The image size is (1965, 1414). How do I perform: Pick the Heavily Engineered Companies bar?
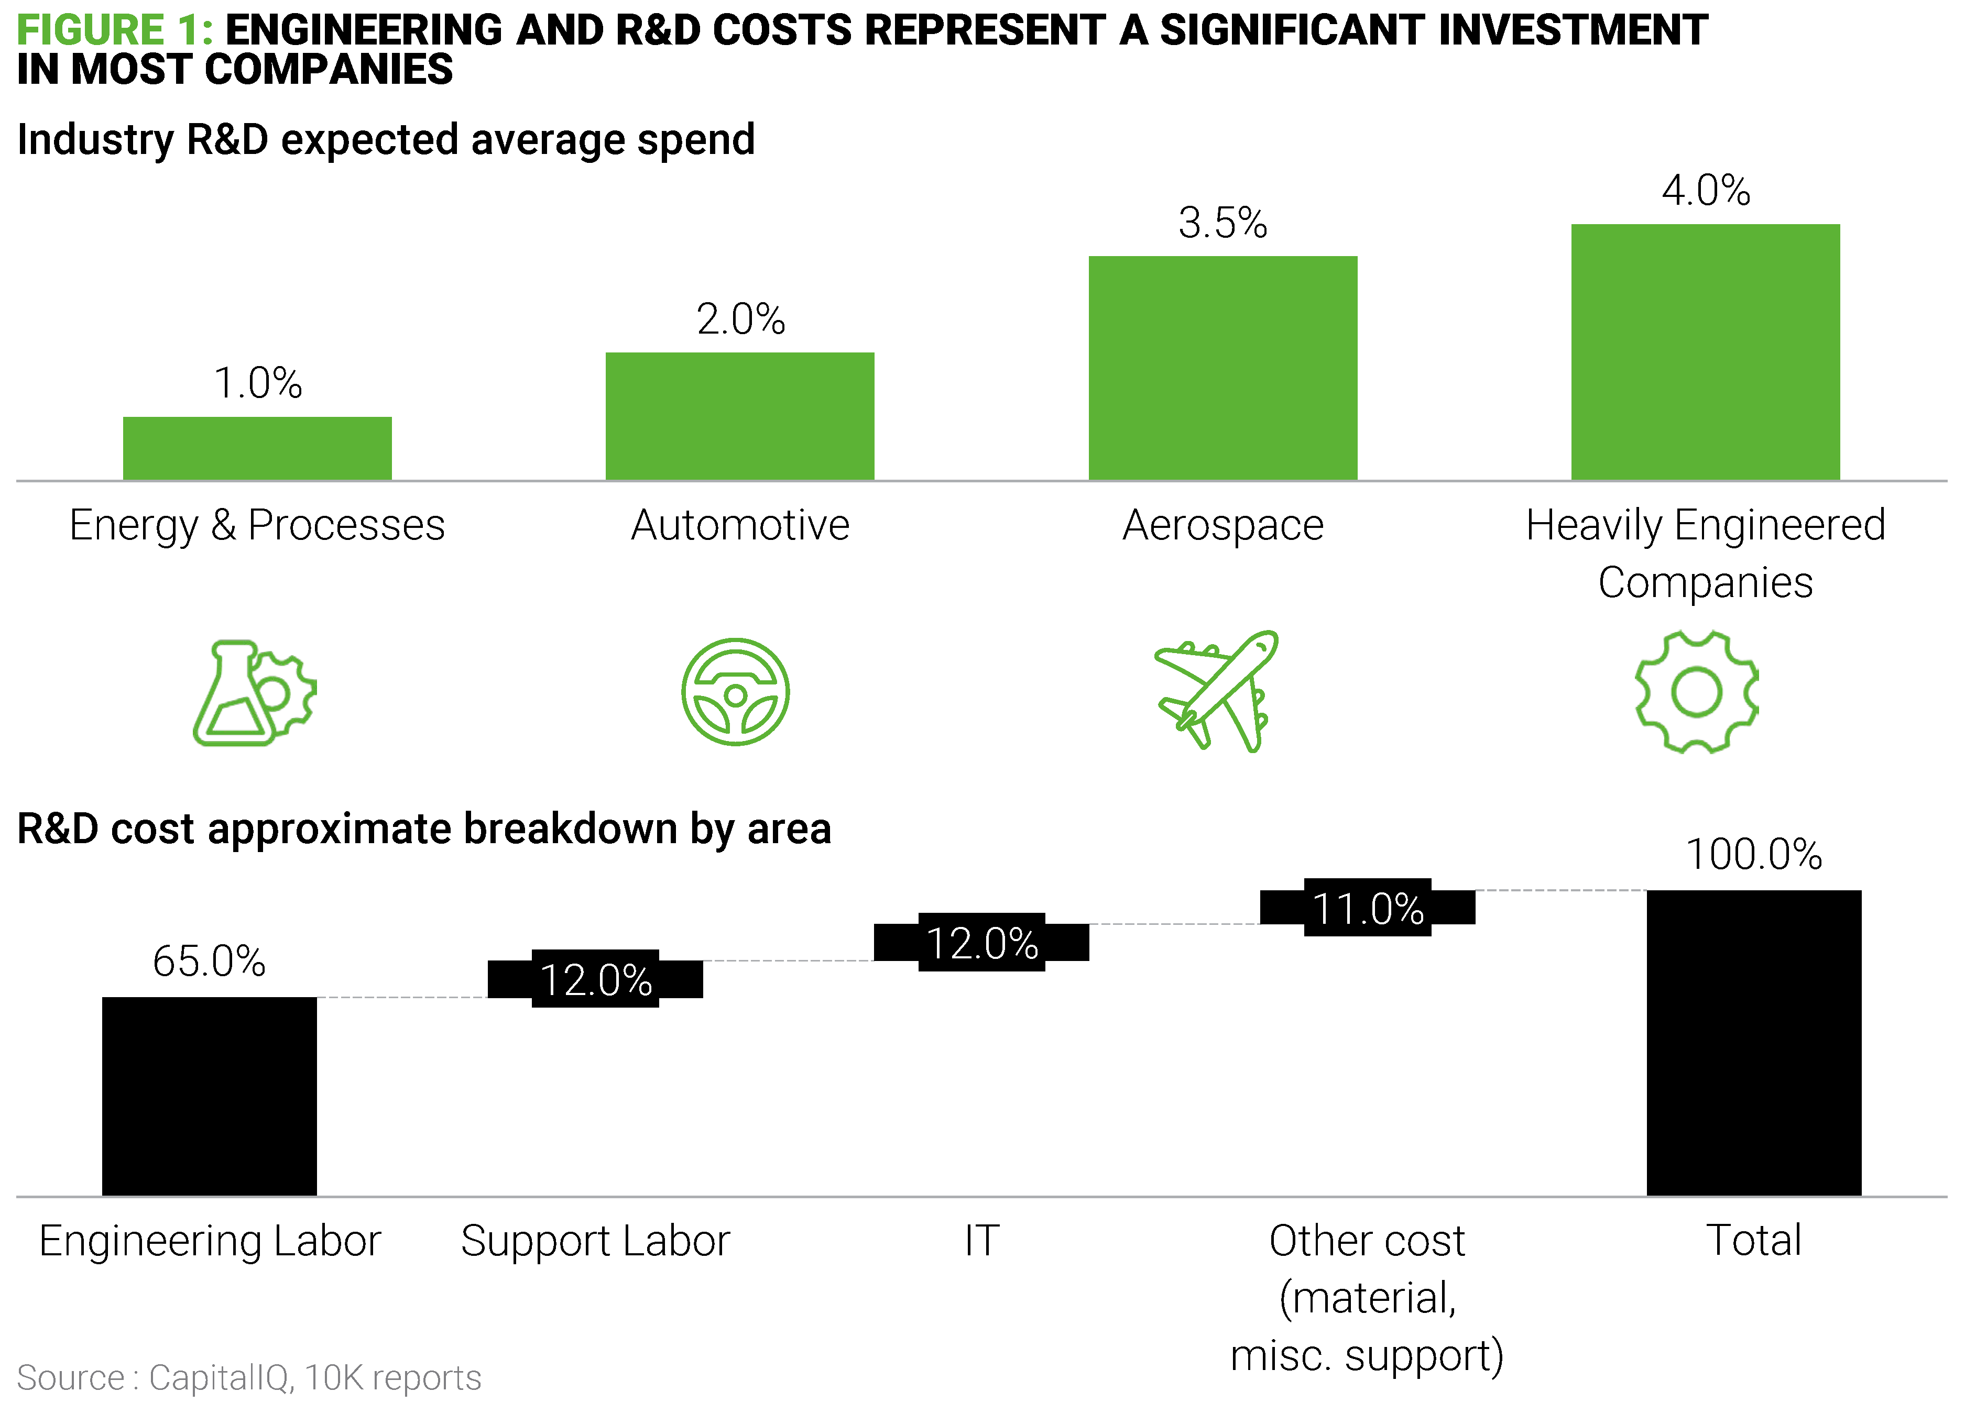point(1705,351)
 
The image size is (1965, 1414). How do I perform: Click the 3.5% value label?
point(1222,223)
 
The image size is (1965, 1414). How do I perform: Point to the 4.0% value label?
point(1705,191)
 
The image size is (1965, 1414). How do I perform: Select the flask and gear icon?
point(253,693)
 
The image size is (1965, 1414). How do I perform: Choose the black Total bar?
point(1754,1043)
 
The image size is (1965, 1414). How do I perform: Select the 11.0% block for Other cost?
point(1367,908)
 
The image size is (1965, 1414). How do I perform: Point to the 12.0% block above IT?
point(981,942)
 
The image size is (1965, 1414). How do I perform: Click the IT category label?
point(981,1240)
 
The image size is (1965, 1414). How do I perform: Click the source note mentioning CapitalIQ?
point(249,1377)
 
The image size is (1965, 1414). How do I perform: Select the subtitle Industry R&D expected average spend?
point(386,139)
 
